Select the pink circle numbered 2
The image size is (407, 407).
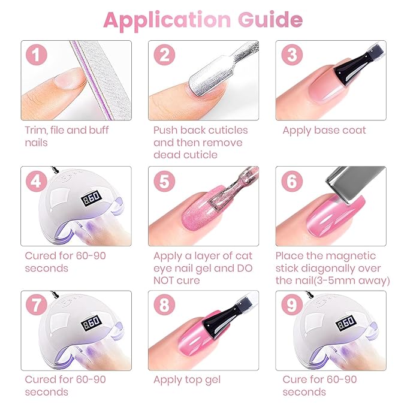click(x=164, y=56)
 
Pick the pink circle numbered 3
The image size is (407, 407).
click(x=292, y=56)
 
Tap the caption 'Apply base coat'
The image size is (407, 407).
click(x=324, y=131)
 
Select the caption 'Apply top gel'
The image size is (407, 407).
click(x=187, y=379)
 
